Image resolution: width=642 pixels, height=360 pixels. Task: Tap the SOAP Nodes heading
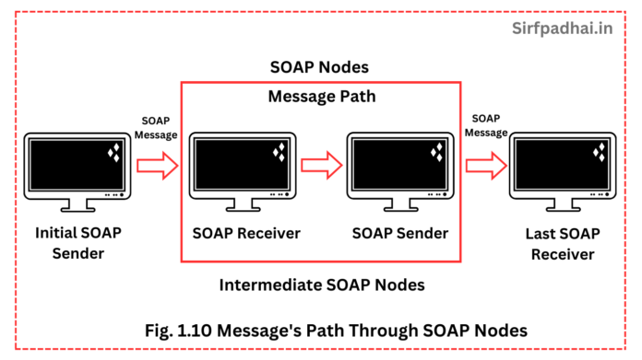(321, 68)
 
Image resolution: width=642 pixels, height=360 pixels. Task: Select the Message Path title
(320, 96)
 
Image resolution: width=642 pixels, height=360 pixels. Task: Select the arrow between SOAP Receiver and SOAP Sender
(321, 166)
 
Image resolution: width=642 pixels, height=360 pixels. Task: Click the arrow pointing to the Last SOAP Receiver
(485, 166)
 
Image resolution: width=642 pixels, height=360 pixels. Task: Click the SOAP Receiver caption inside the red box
(246, 233)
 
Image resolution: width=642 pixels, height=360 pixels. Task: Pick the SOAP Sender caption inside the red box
(400, 233)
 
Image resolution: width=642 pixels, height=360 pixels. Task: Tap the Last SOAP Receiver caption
(564, 242)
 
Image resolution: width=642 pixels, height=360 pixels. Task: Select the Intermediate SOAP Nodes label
(322, 285)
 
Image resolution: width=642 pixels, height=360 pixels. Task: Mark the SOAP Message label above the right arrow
(486, 125)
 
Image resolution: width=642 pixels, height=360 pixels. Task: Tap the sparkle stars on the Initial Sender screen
(116, 152)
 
